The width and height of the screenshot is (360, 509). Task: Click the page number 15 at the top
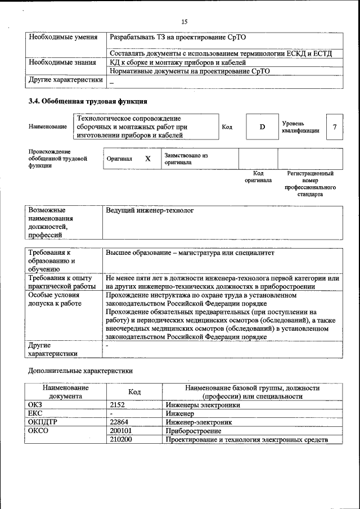coord(184,21)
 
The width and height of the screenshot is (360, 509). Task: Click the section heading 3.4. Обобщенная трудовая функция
coord(88,102)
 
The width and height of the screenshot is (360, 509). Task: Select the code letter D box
coord(262,127)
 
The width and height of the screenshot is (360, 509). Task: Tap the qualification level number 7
coord(334,127)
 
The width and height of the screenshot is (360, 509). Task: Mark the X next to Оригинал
coord(148,159)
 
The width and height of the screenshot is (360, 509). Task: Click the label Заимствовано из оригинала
coord(186,159)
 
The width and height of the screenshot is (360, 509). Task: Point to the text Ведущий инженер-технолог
coord(150,210)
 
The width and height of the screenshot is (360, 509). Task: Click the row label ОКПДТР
coord(43,422)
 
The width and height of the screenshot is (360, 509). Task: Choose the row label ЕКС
coord(35,413)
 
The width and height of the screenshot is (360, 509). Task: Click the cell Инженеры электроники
coord(203,404)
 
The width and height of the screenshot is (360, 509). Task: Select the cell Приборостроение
coord(194,431)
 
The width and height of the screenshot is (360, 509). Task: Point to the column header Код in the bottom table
coord(134,392)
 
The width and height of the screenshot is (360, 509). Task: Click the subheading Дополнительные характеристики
coord(80,371)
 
